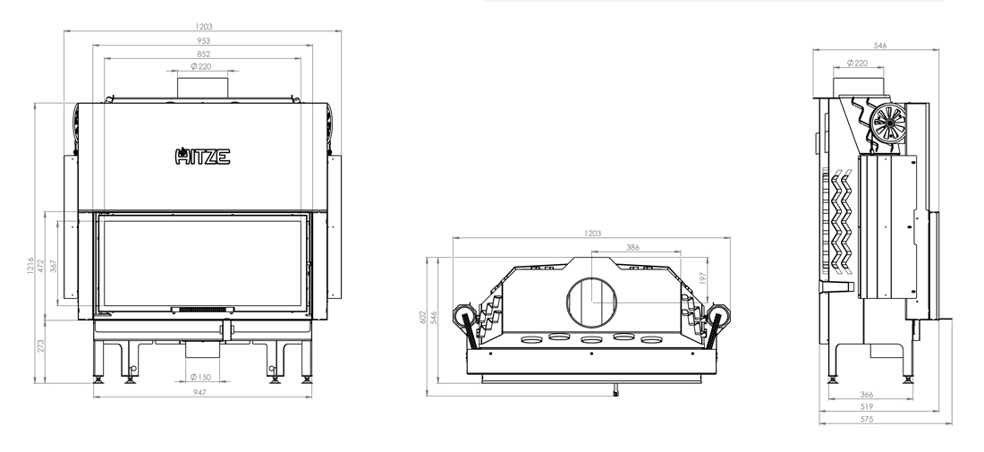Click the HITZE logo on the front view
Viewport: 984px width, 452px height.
[x=202, y=156]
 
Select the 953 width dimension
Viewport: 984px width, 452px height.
[x=203, y=40]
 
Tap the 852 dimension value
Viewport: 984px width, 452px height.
[x=203, y=54]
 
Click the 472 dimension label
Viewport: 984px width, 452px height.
[x=41, y=266]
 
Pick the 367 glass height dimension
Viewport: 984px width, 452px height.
[x=54, y=266]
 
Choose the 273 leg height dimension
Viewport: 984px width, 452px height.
[x=41, y=345]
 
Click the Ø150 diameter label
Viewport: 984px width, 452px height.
[x=200, y=378]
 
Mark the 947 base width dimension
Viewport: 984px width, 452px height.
[x=199, y=392]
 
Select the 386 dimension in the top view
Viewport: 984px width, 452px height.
[x=632, y=247]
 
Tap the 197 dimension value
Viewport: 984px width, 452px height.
[x=703, y=278]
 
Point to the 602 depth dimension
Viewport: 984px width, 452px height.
[x=423, y=317]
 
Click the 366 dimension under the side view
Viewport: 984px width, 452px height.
[x=867, y=394]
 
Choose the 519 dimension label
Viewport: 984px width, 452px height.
[x=867, y=406]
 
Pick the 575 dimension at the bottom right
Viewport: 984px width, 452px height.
[x=867, y=419]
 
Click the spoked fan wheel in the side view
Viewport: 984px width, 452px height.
[x=888, y=122]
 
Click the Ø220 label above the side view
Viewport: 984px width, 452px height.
[x=857, y=63]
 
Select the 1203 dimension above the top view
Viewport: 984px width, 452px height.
[x=592, y=233]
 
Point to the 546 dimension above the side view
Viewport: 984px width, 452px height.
[x=880, y=45]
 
